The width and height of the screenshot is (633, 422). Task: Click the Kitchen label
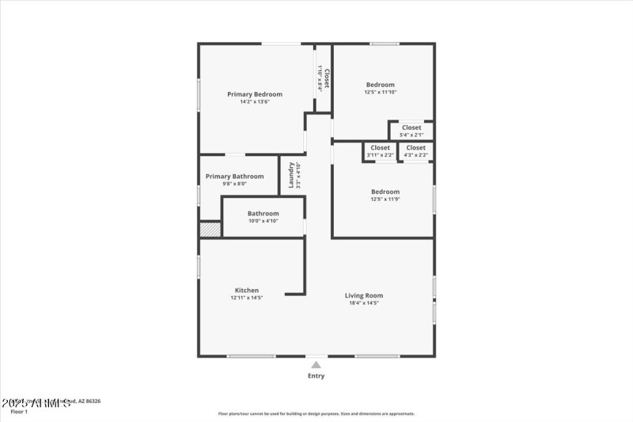(246, 290)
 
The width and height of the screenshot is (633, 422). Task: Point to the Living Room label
(364, 295)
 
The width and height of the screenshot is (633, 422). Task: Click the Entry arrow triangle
(316, 365)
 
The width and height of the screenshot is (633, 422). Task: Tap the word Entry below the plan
(316, 376)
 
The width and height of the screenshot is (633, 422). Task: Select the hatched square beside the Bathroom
(209, 230)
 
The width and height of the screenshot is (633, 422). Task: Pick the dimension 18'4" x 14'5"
(364, 303)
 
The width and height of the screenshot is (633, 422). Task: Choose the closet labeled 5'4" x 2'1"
(411, 131)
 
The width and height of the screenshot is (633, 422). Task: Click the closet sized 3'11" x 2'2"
(380, 150)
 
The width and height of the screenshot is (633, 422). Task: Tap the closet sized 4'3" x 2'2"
(415, 150)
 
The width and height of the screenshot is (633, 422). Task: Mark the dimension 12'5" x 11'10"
(380, 92)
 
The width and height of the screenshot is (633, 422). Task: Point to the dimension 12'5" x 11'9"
(385, 199)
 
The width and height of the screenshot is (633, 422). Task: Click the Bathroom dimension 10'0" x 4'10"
(263, 221)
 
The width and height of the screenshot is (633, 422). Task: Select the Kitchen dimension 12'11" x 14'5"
(246, 298)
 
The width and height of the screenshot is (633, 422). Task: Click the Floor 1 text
(19, 412)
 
